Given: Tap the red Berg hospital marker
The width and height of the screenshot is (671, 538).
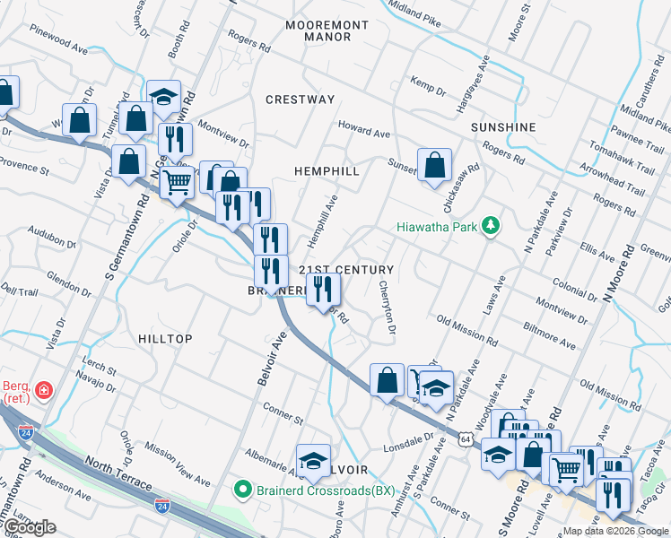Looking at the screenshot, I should tap(44, 392).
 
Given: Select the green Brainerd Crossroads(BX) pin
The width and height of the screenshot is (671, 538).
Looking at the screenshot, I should tap(240, 490).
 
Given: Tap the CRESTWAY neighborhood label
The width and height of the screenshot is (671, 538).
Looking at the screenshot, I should tap(301, 100).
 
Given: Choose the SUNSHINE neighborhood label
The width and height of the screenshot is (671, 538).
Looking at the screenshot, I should tap(503, 127).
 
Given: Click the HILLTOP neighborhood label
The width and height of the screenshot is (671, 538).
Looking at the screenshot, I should tap(166, 338).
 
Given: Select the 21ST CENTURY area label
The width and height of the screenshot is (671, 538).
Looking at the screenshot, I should tap(345, 270).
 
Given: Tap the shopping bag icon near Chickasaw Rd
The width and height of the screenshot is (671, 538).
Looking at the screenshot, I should tap(434, 165).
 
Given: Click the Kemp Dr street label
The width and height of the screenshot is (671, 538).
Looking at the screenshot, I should tap(428, 86).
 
